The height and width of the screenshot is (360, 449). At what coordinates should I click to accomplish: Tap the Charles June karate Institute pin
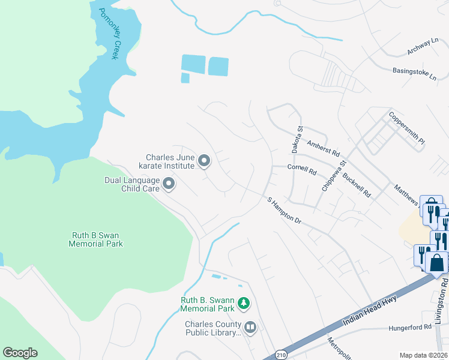tap(204, 161)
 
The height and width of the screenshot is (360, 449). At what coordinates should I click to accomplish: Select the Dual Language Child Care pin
tap(169, 184)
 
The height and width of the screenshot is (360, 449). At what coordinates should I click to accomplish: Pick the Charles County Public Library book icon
tap(250, 328)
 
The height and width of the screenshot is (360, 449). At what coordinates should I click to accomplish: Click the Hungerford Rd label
tap(411, 328)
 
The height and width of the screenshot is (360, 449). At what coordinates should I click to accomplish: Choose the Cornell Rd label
tap(302, 170)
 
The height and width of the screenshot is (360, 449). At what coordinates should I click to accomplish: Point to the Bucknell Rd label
tap(357, 185)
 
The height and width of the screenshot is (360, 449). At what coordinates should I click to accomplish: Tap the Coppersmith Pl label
tap(407, 128)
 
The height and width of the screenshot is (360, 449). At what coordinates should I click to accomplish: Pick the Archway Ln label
tap(423, 44)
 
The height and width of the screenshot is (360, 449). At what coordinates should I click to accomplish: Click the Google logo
tap(20, 353)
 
